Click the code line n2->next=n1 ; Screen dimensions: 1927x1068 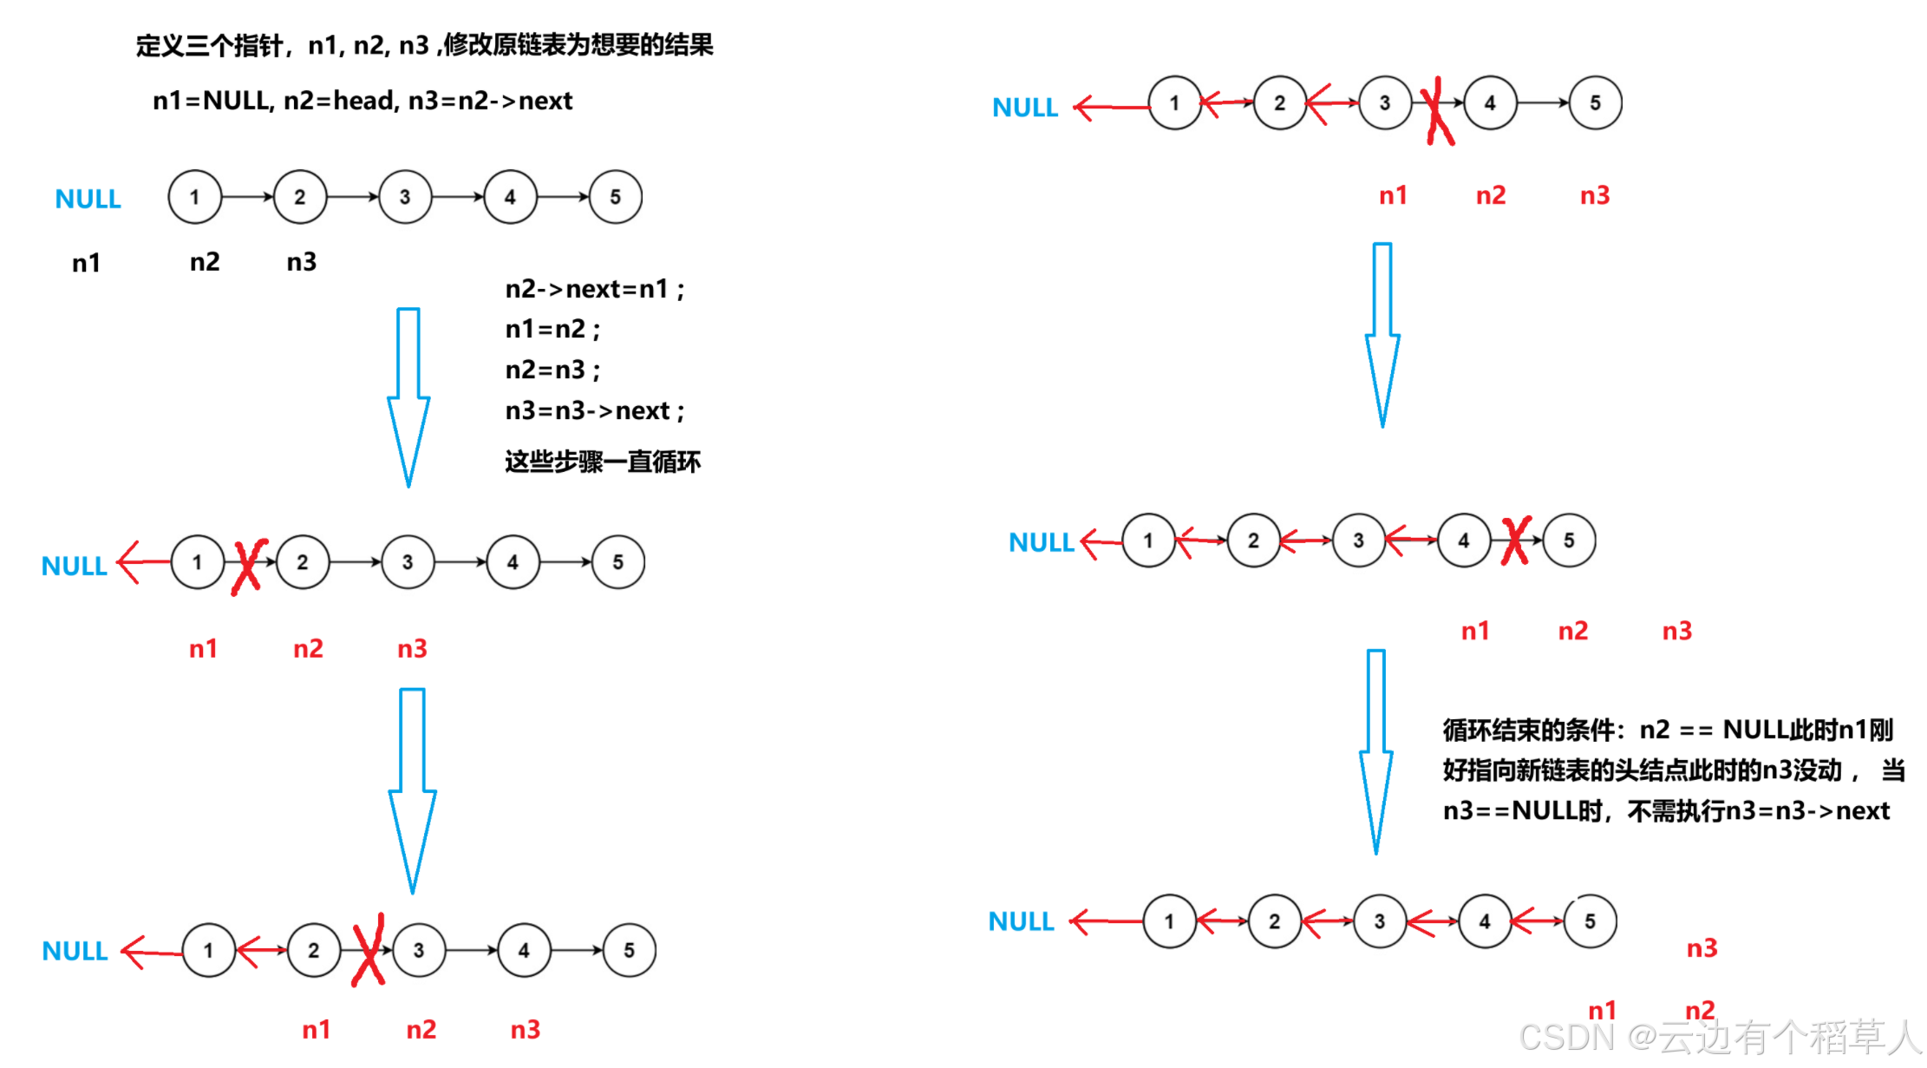[x=595, y=289]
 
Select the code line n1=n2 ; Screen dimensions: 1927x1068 [x=552, y=330]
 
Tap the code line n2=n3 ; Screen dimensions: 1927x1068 [x=552, y=370]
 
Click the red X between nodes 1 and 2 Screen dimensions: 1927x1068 [x=249, y=566]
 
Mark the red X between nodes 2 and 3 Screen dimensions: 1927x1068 [x=369, y=950]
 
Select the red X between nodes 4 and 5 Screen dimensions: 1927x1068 [x=1517, y=541]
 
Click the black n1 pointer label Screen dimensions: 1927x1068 [x=86, y=263]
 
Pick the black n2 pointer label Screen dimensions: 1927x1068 [x=205, y=262]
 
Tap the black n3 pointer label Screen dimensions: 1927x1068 [x=302, y=262]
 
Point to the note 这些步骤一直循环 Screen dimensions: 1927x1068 [x=603, y=462]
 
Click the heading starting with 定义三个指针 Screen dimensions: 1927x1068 [x=424, y=45]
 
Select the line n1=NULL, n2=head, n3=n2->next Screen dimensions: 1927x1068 [x=363, y=101]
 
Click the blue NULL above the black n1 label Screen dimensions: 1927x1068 [x=88, y=200]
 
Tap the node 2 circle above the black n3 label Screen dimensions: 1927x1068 [x=300, y=197]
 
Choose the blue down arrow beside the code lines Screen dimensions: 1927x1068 [x=408, y=396]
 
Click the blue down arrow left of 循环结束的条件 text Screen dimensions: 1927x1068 [x=1376, y=751]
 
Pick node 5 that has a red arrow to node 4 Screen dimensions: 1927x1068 [x=1591, y=921]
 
